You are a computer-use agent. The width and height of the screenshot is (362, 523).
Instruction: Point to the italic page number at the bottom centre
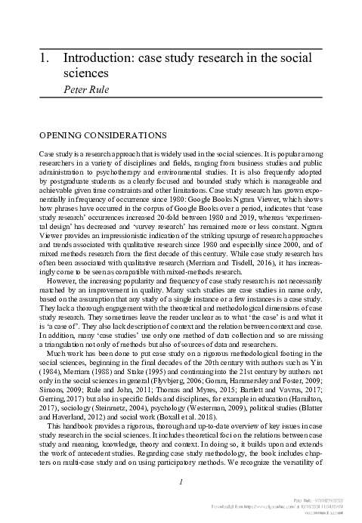(181, 483)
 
